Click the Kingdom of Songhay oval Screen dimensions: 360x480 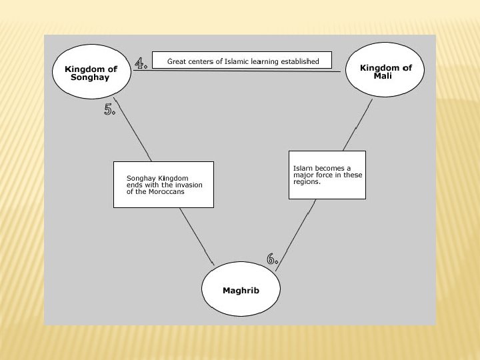91,73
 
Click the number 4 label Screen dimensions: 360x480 141,64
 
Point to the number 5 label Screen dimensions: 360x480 110,110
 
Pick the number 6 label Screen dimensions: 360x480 272,259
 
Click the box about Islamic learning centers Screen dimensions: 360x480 243,61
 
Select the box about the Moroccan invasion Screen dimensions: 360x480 163,185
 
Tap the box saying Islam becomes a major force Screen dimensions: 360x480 327,175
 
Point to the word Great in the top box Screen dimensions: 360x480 177,61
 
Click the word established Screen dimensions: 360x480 301,61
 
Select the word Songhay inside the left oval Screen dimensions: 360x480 90,77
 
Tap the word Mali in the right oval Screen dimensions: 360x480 383,76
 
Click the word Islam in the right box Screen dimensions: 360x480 301,169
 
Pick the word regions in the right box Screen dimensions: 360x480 307,182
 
